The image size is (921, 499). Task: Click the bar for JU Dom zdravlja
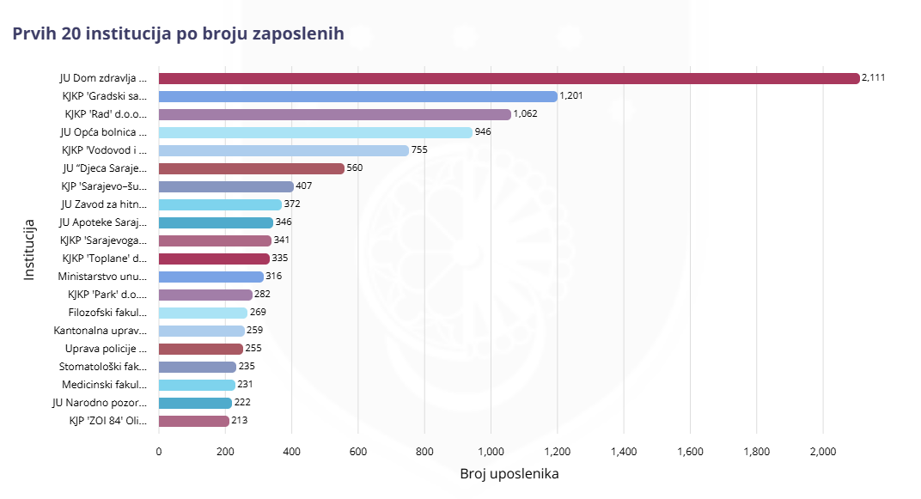(x=509, y=78)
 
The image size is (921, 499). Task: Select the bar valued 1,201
(x=358, y=96)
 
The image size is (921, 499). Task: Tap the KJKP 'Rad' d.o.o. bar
(x=335, y=114)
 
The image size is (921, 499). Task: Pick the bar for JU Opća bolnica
(x=315, y=132)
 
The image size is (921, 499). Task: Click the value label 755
(x=419, y=150)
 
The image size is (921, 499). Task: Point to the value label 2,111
(x=874, y=78)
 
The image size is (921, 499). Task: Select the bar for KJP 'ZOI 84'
(x=194, y=421)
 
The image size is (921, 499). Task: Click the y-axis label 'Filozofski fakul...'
(x=108, y=313)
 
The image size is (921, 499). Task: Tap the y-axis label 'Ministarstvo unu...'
(x=102, y=277)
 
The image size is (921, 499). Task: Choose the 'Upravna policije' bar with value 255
(x=201, y=349)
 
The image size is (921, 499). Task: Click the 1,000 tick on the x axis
(x=491, y=452)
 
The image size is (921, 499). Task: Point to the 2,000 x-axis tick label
(x=822, y=452)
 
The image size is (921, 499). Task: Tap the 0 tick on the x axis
(x=159, y=452)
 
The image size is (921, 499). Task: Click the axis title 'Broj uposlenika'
(x=509, y=474)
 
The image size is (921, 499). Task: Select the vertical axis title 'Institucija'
(x=29, y=249)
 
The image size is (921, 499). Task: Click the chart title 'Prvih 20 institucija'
(x=178, y=33)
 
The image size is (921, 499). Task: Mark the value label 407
(x=303, y=186)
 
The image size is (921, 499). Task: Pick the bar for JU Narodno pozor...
(x=196, y=403)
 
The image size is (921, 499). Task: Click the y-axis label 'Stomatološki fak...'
(x=103, y=367)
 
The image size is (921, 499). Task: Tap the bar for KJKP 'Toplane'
(x=214, y=259)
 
